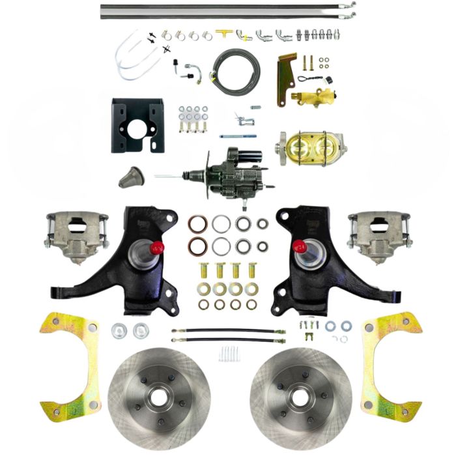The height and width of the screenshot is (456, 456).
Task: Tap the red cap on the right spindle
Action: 299,247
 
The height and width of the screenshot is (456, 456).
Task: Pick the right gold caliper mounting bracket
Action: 390,365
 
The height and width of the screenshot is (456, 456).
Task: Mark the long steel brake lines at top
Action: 228,8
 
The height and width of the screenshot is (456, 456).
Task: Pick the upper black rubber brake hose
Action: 228,330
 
